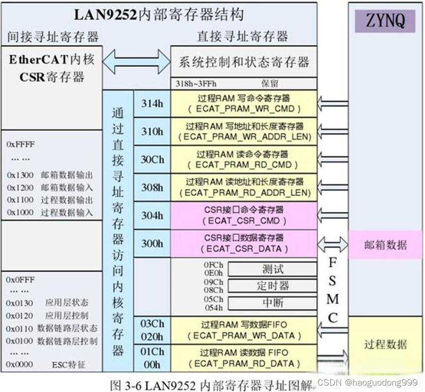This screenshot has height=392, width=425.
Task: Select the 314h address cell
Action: (152, 103)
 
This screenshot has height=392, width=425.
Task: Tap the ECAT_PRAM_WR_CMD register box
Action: (244, 103)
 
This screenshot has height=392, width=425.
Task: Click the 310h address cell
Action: (152, 131)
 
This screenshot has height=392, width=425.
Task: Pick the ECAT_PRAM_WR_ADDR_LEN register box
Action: (244, 131)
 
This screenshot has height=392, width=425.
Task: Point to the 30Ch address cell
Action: (152, 159)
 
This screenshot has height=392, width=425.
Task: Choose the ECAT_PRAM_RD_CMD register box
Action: (244, 159)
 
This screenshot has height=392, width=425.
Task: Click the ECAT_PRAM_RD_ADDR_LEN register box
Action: (244, 187)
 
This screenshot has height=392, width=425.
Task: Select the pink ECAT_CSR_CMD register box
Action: (244, 215)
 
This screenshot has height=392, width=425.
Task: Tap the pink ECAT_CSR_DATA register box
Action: (244, 243)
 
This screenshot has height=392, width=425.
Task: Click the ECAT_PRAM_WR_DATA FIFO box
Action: (244, 331)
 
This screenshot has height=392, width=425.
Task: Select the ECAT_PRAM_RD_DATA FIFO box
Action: (244, 358)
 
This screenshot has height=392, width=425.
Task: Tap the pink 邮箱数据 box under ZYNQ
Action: (385, 245)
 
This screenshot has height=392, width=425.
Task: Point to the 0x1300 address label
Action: (20, 175)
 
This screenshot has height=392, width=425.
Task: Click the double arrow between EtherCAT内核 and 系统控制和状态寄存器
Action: (136, 61)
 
